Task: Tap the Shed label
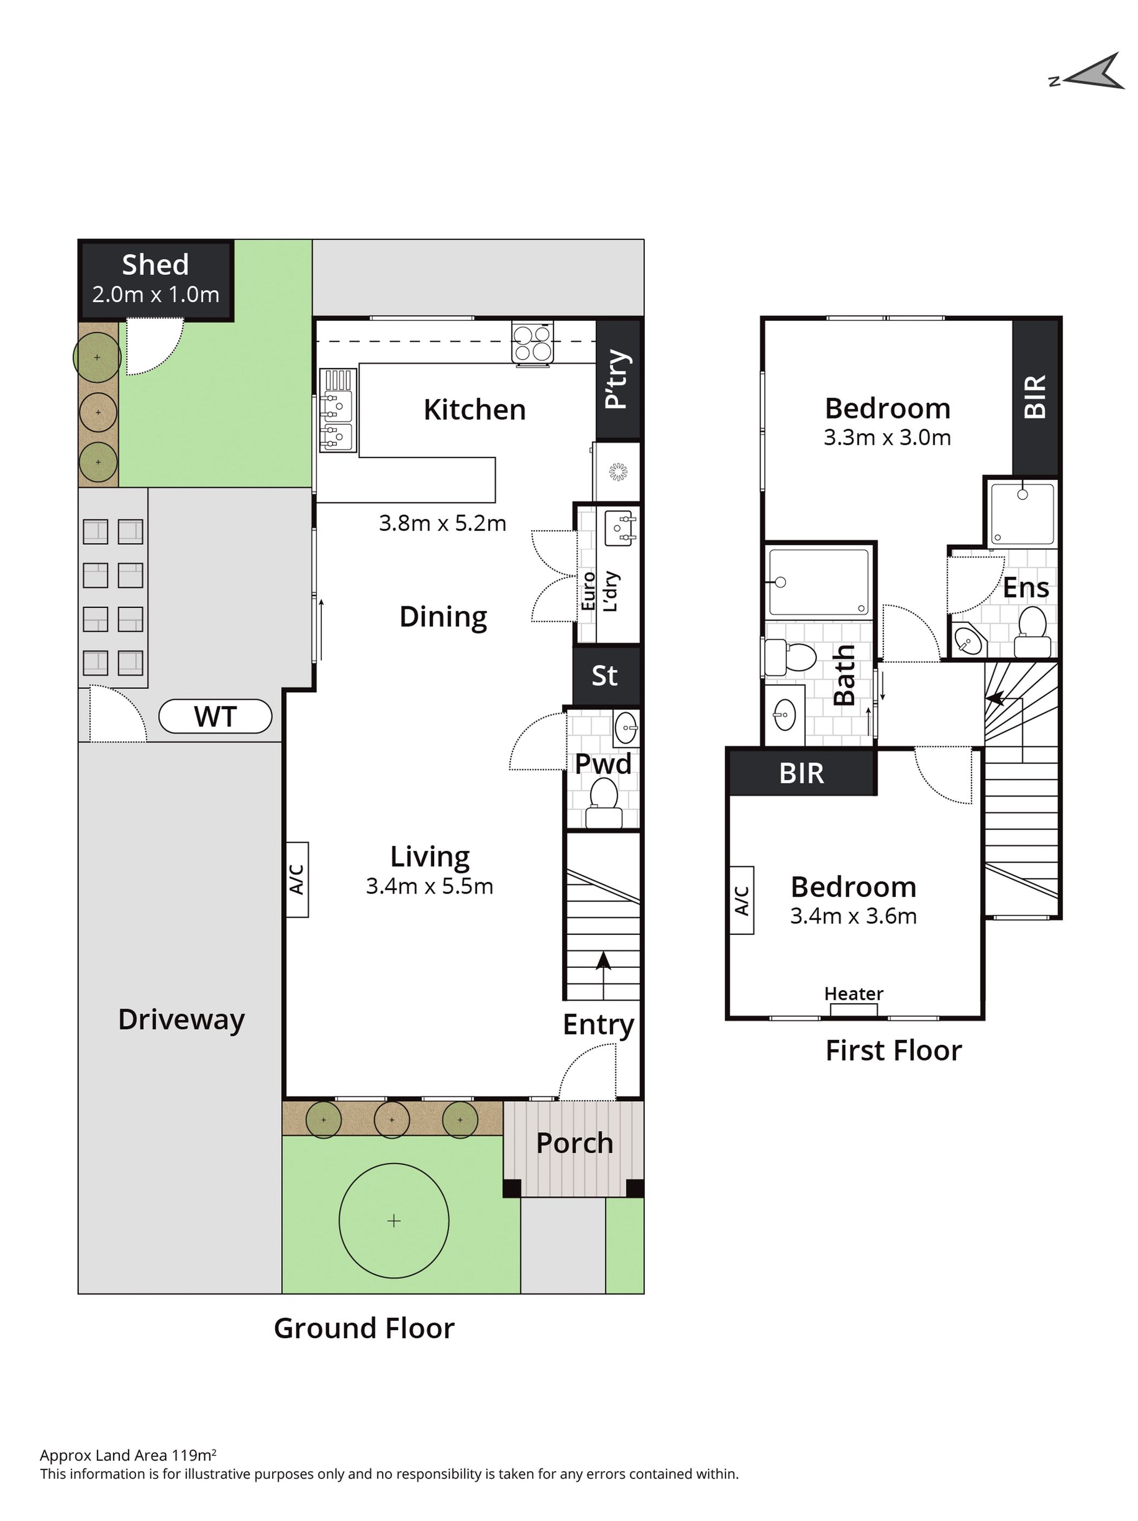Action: (156, 265)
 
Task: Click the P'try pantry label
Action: (617, 379)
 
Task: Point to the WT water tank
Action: (215, 716)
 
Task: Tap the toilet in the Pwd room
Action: (603, 803)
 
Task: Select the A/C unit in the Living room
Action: (297, 880)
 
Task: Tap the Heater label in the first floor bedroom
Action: (853, 993)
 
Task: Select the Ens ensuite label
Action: (1025, 588)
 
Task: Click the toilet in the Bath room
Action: (790, 657)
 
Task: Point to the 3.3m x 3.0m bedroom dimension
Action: (887, 438)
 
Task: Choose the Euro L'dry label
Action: (600, 592)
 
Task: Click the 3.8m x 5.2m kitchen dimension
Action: (443, 523)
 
